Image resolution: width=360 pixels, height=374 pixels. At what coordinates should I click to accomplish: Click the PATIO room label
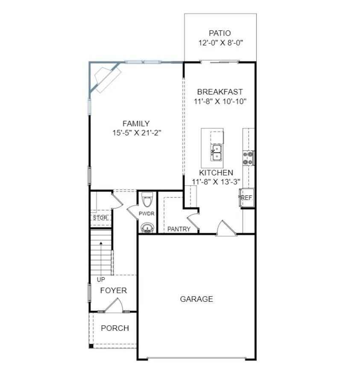coord(220,33)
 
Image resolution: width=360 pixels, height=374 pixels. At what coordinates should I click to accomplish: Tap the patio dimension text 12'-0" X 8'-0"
coord(220,43)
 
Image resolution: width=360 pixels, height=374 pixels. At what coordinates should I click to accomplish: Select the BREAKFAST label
coord(220,92)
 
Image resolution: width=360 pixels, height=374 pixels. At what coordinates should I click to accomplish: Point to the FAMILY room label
coord(136,124)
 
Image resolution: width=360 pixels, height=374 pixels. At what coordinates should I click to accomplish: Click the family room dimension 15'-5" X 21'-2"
coord(136,133)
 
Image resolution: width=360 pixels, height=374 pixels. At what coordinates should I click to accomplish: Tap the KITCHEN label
coord(216,173)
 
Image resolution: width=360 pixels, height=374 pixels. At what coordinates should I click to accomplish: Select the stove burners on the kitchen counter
coord(248,158)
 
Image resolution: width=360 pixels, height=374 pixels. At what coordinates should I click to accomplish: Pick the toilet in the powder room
coord(146,200)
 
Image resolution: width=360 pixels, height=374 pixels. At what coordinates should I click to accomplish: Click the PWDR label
coord(146,214)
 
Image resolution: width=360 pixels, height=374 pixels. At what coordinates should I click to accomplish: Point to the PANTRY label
coord(179,229)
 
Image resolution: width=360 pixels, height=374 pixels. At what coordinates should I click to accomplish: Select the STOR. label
coord(100,218)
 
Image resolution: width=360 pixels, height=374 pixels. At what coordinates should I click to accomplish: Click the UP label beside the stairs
coord(101,280)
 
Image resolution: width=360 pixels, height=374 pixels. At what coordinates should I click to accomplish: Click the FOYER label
coord(114,291)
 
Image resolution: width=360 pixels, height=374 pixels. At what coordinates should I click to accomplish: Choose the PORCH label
coord(115,328)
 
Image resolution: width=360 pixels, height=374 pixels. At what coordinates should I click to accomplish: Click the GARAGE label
coord(196,299)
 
